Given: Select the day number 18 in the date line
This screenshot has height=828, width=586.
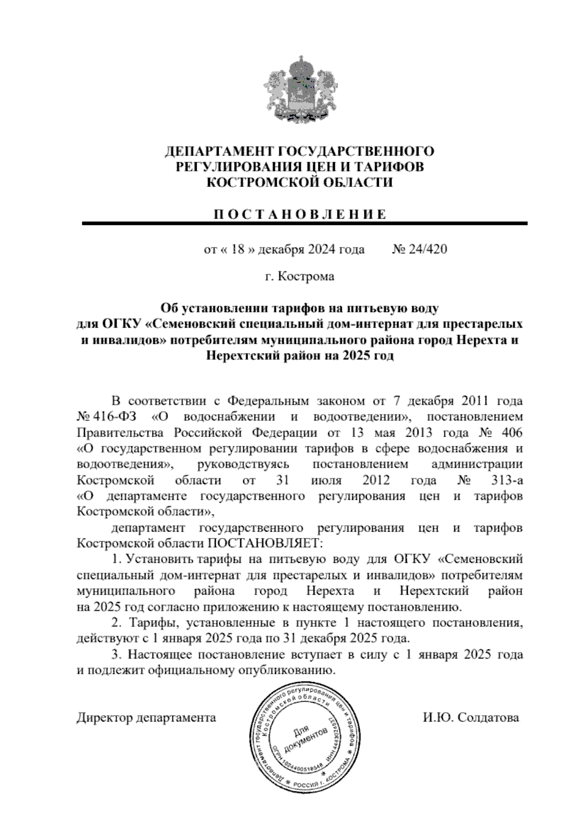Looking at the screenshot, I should (238, 249).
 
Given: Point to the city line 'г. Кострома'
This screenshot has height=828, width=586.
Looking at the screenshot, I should (299, 277).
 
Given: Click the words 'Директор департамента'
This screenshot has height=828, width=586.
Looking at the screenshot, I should (146, 718).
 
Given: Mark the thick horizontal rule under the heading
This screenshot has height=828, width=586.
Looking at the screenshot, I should (305, 224).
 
